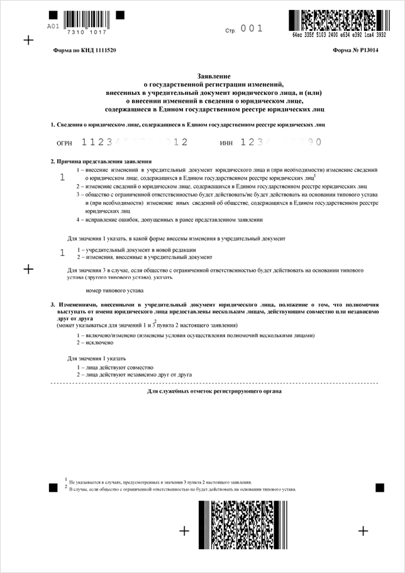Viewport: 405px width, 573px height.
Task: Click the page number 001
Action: pyautogui.click(x=252, y=28)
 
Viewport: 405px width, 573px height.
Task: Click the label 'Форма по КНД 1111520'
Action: pyautogui.click(x=84, y=50)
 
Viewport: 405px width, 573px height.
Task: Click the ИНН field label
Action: pyautogui.click(x=226, y=143)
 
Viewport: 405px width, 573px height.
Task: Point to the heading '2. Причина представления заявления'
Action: pyautogui.click(x=101, y=161)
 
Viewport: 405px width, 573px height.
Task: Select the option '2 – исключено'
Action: pyautogui.click(x=94, y=343)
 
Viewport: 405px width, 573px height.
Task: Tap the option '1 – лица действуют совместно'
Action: pyautogui.click(x=115, y=367)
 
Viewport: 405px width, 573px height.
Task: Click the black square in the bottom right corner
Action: pyautogui.click(x=380, y=487)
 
